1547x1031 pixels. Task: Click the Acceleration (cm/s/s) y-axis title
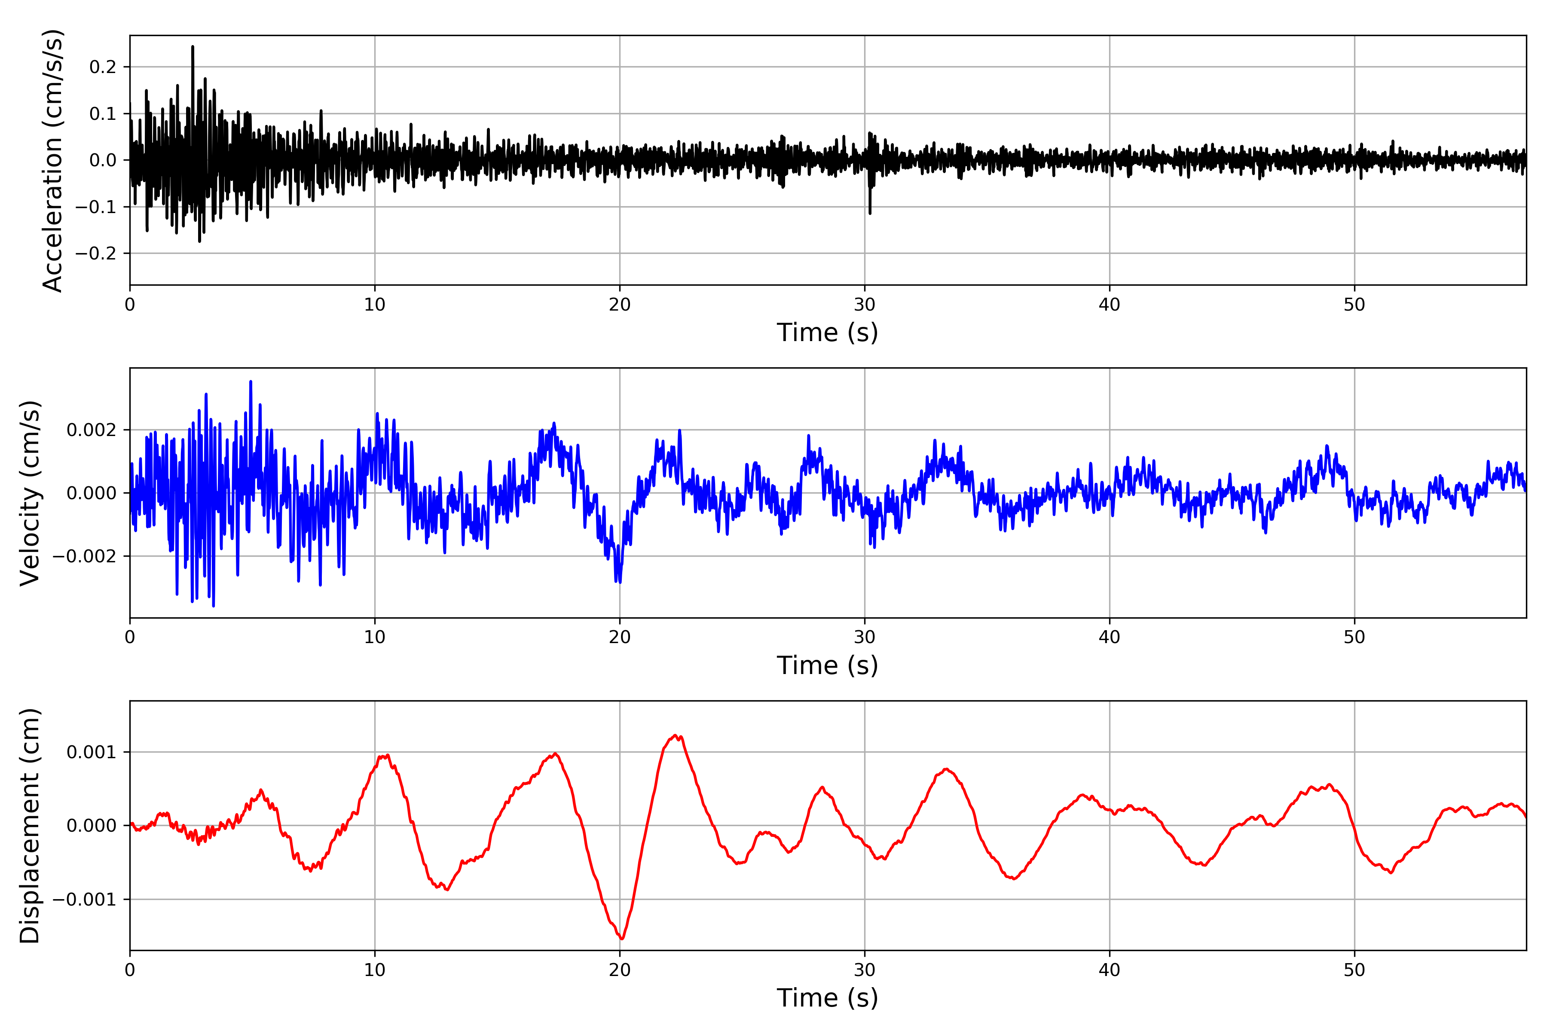[52, 160]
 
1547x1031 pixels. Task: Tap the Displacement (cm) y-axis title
[30, 826]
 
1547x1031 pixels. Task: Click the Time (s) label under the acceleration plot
[828, 332]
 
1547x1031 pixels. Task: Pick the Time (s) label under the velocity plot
[828, 665]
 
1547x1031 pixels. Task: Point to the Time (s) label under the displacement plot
[828, 998]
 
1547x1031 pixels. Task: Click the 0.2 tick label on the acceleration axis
[103, 67]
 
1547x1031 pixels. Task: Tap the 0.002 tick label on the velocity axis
[92, 430]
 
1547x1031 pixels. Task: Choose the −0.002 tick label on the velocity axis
[84, 556]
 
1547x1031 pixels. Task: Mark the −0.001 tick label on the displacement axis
[84, 900]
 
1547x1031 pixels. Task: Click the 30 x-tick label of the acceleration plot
[864, 305]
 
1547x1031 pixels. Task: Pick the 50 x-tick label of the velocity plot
[1354, 637]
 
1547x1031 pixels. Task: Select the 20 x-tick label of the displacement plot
[620, 970]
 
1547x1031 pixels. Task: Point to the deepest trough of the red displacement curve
[621, 938]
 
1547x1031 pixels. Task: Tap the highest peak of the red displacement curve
[676, 736]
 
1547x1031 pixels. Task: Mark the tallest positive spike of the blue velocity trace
[251, 382]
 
